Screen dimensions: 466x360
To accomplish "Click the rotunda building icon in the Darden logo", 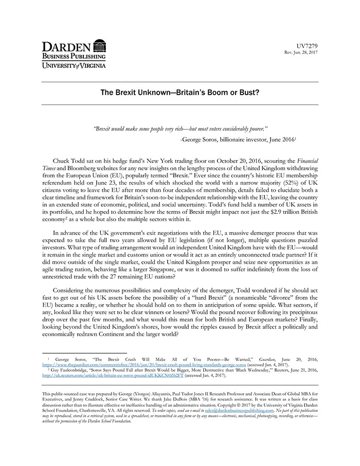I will [99, 47].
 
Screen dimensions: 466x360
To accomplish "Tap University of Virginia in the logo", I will [74, 65].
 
